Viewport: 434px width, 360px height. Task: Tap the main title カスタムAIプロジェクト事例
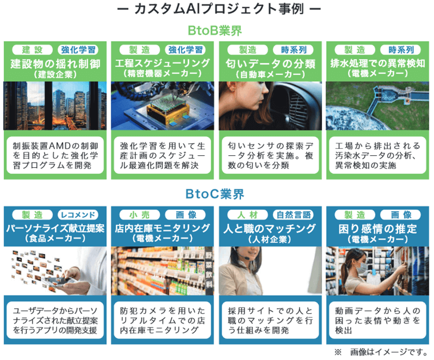[x=217, y=10]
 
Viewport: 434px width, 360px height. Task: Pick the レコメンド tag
[x=80, y=215]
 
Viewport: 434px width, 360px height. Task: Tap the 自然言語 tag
[x=295, y=215]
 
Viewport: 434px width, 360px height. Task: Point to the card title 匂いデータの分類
[x=271, y=63]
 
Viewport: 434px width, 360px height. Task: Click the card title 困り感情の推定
[x=377, y=229]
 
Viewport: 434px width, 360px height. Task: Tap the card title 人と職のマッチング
[x=271, y=229]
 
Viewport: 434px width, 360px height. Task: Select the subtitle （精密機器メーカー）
[x=163, y=75]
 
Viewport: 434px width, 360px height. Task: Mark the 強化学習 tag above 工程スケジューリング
[x=187, y=50]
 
